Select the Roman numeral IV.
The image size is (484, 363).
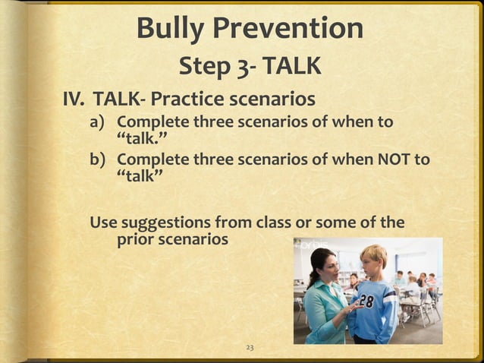74,99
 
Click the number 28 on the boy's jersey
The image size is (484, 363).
366,301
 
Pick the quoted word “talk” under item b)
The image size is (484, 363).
140,176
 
